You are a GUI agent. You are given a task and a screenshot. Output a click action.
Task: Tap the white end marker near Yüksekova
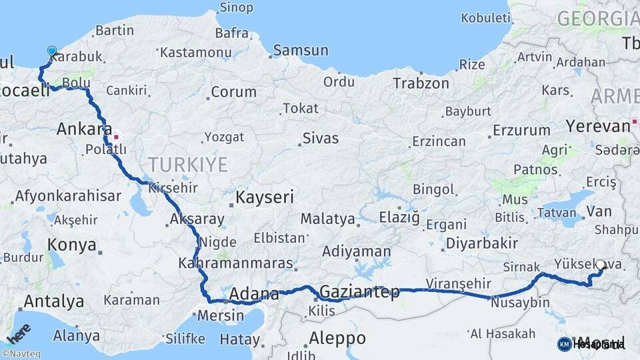[601, 265]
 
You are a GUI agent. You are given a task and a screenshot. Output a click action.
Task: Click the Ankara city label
[83, 129]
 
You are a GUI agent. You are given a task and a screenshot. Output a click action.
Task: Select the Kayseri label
[265, 197]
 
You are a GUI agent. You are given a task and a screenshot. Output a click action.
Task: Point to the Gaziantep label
[359, 291]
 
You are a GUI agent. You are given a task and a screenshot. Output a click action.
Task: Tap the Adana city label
[253, 294]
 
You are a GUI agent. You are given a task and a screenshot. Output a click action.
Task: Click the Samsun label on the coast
[301, 50]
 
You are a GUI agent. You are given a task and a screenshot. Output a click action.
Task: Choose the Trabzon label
[421, 83]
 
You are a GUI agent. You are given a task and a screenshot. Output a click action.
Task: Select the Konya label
[72, 245]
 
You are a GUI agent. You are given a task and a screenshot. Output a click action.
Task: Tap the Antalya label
[53, 301]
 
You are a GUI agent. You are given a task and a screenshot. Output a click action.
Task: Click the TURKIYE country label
[187, 164]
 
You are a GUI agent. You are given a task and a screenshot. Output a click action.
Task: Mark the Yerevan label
[597, 125]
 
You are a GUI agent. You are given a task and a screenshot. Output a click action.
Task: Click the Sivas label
[321, 139]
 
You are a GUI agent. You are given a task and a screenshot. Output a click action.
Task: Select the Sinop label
[236, 8]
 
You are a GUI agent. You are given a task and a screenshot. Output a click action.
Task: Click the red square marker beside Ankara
[116, 137]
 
